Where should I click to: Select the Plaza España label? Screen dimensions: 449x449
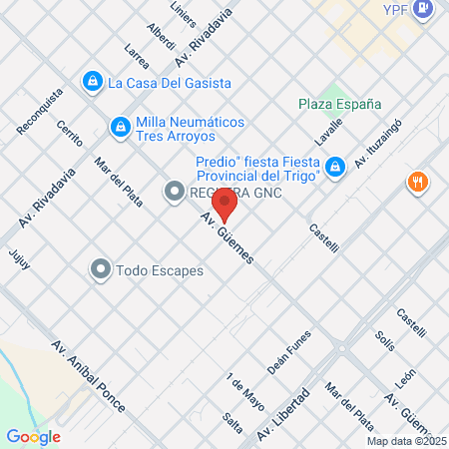339,103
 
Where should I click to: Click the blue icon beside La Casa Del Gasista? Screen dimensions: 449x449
93,81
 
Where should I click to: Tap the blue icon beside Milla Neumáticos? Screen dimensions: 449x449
121,127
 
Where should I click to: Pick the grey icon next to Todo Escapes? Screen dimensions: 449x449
101,269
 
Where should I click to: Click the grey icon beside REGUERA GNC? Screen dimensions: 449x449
175,191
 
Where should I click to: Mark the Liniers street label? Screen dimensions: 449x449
183,14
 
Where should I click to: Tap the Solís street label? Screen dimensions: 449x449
385,342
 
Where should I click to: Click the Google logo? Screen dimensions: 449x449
33,436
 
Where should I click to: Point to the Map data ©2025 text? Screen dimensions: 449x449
406,441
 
